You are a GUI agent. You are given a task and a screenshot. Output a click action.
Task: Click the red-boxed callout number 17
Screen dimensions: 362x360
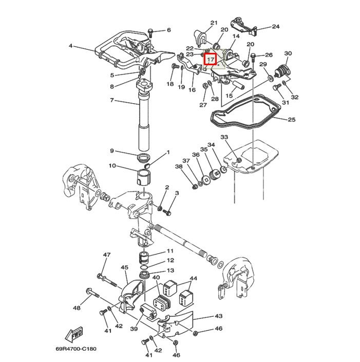coord(211,60)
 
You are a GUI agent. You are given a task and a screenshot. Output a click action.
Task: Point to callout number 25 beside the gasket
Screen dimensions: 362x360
coord(292,120)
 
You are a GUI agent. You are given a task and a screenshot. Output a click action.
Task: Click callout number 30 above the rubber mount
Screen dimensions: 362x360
coord(288,53)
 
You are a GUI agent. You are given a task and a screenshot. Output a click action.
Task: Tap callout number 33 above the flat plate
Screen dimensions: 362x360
coord(224,137)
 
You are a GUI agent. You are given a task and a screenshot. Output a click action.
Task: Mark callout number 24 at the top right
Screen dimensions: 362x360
coord(276,26)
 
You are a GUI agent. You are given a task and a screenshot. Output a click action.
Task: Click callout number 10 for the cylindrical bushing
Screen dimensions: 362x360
coord(112,165)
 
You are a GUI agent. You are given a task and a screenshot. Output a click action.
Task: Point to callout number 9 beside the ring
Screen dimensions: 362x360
coord(112,150)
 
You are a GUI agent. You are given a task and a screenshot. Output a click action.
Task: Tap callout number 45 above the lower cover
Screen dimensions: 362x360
coord(124,268)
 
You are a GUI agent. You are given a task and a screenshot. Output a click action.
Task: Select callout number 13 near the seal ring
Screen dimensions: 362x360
coord(170,271)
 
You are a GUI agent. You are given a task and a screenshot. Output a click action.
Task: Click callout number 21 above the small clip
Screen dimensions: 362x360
coord(214,23)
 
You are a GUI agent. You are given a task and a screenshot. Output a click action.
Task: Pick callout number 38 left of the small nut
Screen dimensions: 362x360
coord(179,166)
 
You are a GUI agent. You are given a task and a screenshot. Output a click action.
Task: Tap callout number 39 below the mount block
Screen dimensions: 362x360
coord(134,329)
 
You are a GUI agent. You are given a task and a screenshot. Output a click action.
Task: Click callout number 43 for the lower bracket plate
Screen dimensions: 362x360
coord(219,316)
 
